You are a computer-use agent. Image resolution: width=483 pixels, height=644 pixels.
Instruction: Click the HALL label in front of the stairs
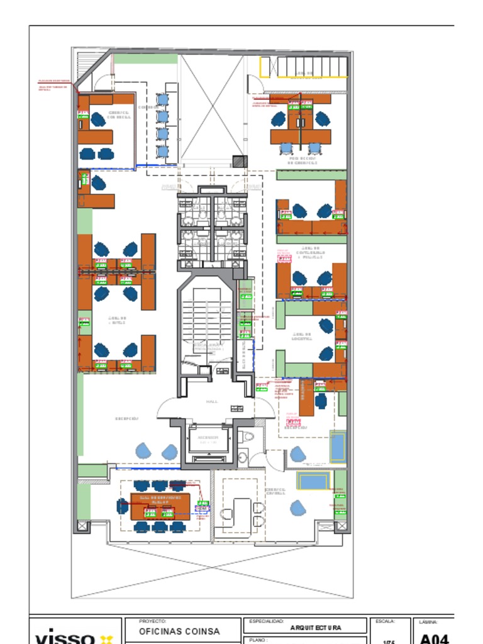point(212,401)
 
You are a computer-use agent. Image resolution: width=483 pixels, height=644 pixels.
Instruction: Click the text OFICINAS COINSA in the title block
point(179,631)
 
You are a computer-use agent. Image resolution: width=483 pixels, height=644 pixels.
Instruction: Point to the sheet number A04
point(434,639)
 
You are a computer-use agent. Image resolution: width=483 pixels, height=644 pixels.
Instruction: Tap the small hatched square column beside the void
point(240,161)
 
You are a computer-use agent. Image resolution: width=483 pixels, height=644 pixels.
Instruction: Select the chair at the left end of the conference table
point(122,506)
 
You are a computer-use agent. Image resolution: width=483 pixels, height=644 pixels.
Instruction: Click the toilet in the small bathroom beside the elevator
point(248,436)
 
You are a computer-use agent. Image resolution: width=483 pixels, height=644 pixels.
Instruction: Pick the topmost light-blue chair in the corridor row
point(162,99)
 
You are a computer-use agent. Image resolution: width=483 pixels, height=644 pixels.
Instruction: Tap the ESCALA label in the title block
point(384,621)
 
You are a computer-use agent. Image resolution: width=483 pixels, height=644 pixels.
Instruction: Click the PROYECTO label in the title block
point(152,621)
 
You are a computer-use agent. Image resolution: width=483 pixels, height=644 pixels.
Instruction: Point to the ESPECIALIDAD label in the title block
point(267,621)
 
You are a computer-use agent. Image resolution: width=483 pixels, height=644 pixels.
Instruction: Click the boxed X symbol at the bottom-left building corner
point(82,525)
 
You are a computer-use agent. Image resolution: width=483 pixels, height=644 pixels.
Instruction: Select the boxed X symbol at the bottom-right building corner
point(341,525)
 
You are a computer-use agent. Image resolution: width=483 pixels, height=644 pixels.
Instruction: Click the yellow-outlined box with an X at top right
point(265,67)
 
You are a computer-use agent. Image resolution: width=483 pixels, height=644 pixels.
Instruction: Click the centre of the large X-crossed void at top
point(212,107)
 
